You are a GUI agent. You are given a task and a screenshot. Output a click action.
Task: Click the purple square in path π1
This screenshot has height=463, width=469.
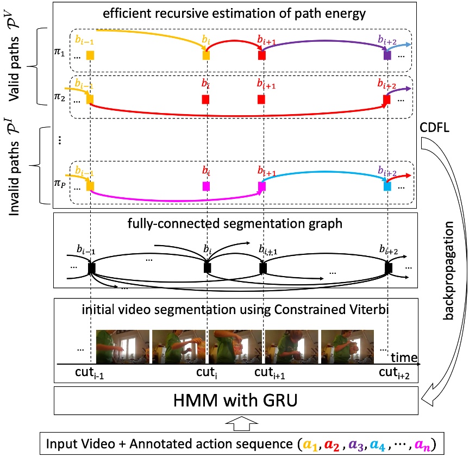(387, 55)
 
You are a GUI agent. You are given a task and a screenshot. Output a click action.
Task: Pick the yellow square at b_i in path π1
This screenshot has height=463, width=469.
(206, 55)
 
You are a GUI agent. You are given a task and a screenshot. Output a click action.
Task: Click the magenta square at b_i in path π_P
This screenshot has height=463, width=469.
(206, 186)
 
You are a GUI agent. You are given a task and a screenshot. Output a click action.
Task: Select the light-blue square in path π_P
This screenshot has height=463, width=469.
(387, 186)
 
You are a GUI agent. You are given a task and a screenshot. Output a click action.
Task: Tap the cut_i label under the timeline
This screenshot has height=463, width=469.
(207, 373)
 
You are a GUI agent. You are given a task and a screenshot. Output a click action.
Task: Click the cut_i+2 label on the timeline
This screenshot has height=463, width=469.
(395, 373)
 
